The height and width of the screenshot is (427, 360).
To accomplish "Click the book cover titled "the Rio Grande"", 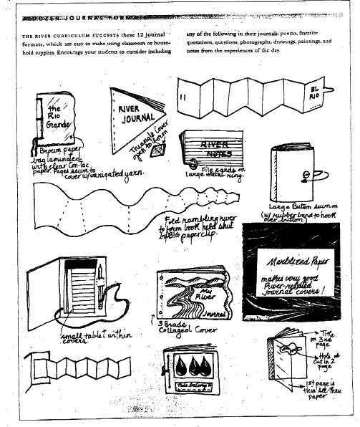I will click(54, 120).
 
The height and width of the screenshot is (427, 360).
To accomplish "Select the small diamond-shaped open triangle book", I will click(160, 149).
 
